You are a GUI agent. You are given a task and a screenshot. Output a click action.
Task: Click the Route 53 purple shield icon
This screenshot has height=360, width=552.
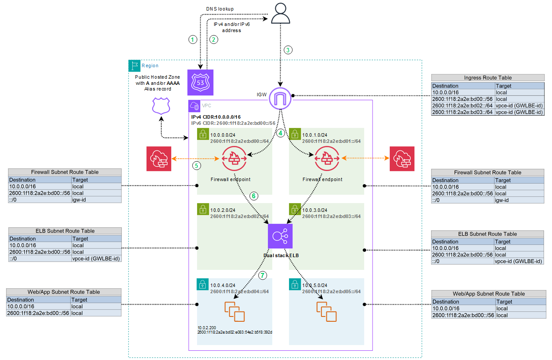point(200,82)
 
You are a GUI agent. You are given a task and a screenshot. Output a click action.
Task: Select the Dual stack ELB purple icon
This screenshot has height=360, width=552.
point(280,236)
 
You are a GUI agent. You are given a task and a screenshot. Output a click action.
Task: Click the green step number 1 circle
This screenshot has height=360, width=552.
point(192,40)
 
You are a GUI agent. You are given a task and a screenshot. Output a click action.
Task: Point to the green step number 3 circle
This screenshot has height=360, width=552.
point(288,50)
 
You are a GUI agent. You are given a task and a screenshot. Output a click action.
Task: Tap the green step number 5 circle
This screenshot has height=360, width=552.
point(196,166)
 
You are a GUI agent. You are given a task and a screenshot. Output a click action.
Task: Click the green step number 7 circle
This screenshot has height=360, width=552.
point(263,276)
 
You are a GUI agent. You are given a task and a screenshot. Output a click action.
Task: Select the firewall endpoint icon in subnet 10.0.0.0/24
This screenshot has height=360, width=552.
point(234,158)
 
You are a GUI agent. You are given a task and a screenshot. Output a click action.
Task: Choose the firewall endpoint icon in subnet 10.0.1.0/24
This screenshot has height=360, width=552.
point(326,158)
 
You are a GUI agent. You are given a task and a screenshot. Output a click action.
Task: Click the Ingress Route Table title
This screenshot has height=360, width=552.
point(488,78)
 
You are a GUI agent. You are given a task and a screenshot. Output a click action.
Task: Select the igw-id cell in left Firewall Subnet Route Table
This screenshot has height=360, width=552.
point(96,200)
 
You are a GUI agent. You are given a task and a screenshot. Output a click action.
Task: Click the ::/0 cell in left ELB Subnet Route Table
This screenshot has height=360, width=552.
point(40,258)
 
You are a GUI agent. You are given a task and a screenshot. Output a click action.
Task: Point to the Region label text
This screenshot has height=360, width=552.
point(150,66)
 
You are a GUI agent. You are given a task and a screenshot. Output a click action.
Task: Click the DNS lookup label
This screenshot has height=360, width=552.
point(220,9)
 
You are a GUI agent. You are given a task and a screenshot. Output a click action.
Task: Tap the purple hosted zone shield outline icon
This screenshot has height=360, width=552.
point(161,106)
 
